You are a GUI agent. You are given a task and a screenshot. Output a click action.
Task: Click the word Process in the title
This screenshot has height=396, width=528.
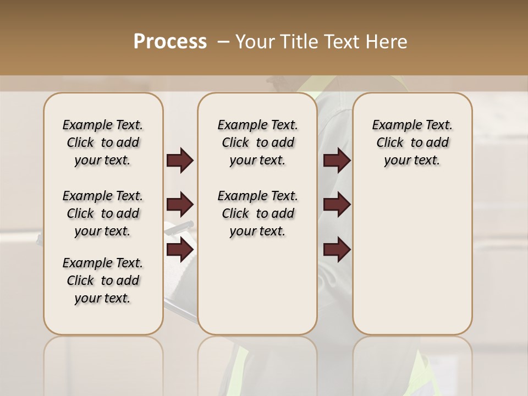pos(170,41)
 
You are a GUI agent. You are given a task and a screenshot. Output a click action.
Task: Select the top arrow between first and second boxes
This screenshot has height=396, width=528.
pos(180,161)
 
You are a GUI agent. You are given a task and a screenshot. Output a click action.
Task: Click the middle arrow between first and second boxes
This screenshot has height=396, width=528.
pos(180,205)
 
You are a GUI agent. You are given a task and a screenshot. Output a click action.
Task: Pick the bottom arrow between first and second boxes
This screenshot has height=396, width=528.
pos(180,250)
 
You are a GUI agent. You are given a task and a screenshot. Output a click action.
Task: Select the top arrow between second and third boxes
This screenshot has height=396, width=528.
pos(337,161)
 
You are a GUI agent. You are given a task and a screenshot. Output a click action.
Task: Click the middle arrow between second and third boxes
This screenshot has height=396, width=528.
pos(337,205)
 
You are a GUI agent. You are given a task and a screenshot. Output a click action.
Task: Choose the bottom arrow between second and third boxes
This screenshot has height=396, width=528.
pos(337,250)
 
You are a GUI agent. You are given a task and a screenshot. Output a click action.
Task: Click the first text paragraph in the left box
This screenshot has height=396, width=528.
pos(103,142)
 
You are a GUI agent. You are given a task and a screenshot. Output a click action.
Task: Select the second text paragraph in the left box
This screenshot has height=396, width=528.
pos(103,213)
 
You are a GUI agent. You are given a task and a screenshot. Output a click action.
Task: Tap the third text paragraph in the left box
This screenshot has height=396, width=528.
pos(103,280)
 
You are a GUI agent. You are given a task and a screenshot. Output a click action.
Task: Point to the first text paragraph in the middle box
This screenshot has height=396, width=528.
pos(257,142)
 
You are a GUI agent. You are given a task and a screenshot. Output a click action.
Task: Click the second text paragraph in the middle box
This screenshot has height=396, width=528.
pos(257,213)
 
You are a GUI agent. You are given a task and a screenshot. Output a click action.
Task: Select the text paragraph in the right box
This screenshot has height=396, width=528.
pos(413,142)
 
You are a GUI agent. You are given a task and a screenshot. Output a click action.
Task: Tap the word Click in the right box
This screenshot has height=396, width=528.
pos(390,143)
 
